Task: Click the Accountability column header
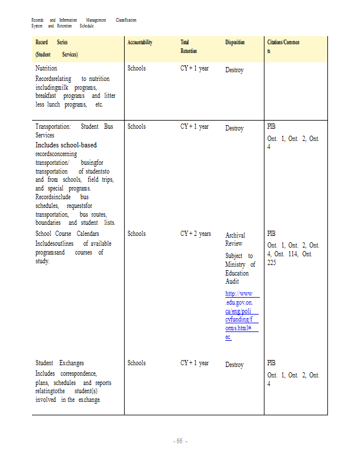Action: (x=140, y=43)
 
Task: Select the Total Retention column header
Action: (x=185, y=47)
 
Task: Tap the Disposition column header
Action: (x=235, y=43)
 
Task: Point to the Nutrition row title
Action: (x=46, y=68)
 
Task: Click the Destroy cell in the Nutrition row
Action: (x=234, y=70)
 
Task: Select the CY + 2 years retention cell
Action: (x=195, y=234)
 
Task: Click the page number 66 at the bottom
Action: (x=179, y=442)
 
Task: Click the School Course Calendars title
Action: (x=67, y=234)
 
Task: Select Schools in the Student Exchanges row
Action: (x=136, y=363)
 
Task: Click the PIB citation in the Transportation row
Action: (x=271, y=126)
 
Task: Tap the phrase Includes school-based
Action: (x=66, y=144)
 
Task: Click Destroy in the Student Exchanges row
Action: (x=234, y=365)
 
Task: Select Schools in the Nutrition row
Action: (x=136, y=68)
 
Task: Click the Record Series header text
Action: (x=51, y=43)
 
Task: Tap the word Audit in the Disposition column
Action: (x=232, y=281)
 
